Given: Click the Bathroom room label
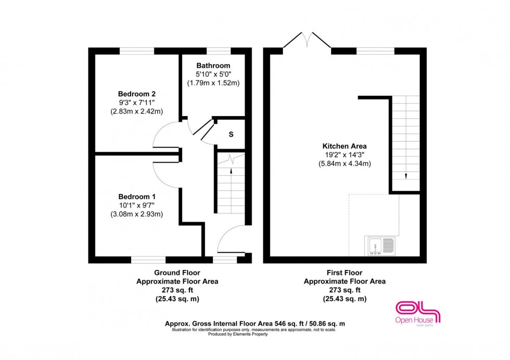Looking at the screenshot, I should (213, 66).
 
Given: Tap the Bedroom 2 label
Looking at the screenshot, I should (136, 94).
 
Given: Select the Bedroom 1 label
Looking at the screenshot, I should (137, 197).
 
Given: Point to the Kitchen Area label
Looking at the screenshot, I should (345, 146).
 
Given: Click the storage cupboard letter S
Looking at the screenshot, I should (231, 134).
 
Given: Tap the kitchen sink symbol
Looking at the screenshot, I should (381, 246).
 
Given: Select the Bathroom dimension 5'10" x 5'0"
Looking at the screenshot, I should (213, 74).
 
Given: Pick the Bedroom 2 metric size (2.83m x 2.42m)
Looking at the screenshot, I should (136, 111).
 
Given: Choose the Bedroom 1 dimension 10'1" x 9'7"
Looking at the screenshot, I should (137, 205).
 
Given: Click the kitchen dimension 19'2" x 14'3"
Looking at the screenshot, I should (345, 155).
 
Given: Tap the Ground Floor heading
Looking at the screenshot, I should (177, 273).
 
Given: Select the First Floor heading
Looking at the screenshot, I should (345, 273).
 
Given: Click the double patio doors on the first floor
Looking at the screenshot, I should (307, 42).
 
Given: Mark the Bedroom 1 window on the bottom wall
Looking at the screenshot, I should (148, 259).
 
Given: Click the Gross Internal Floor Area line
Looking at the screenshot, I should (254, 324).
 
